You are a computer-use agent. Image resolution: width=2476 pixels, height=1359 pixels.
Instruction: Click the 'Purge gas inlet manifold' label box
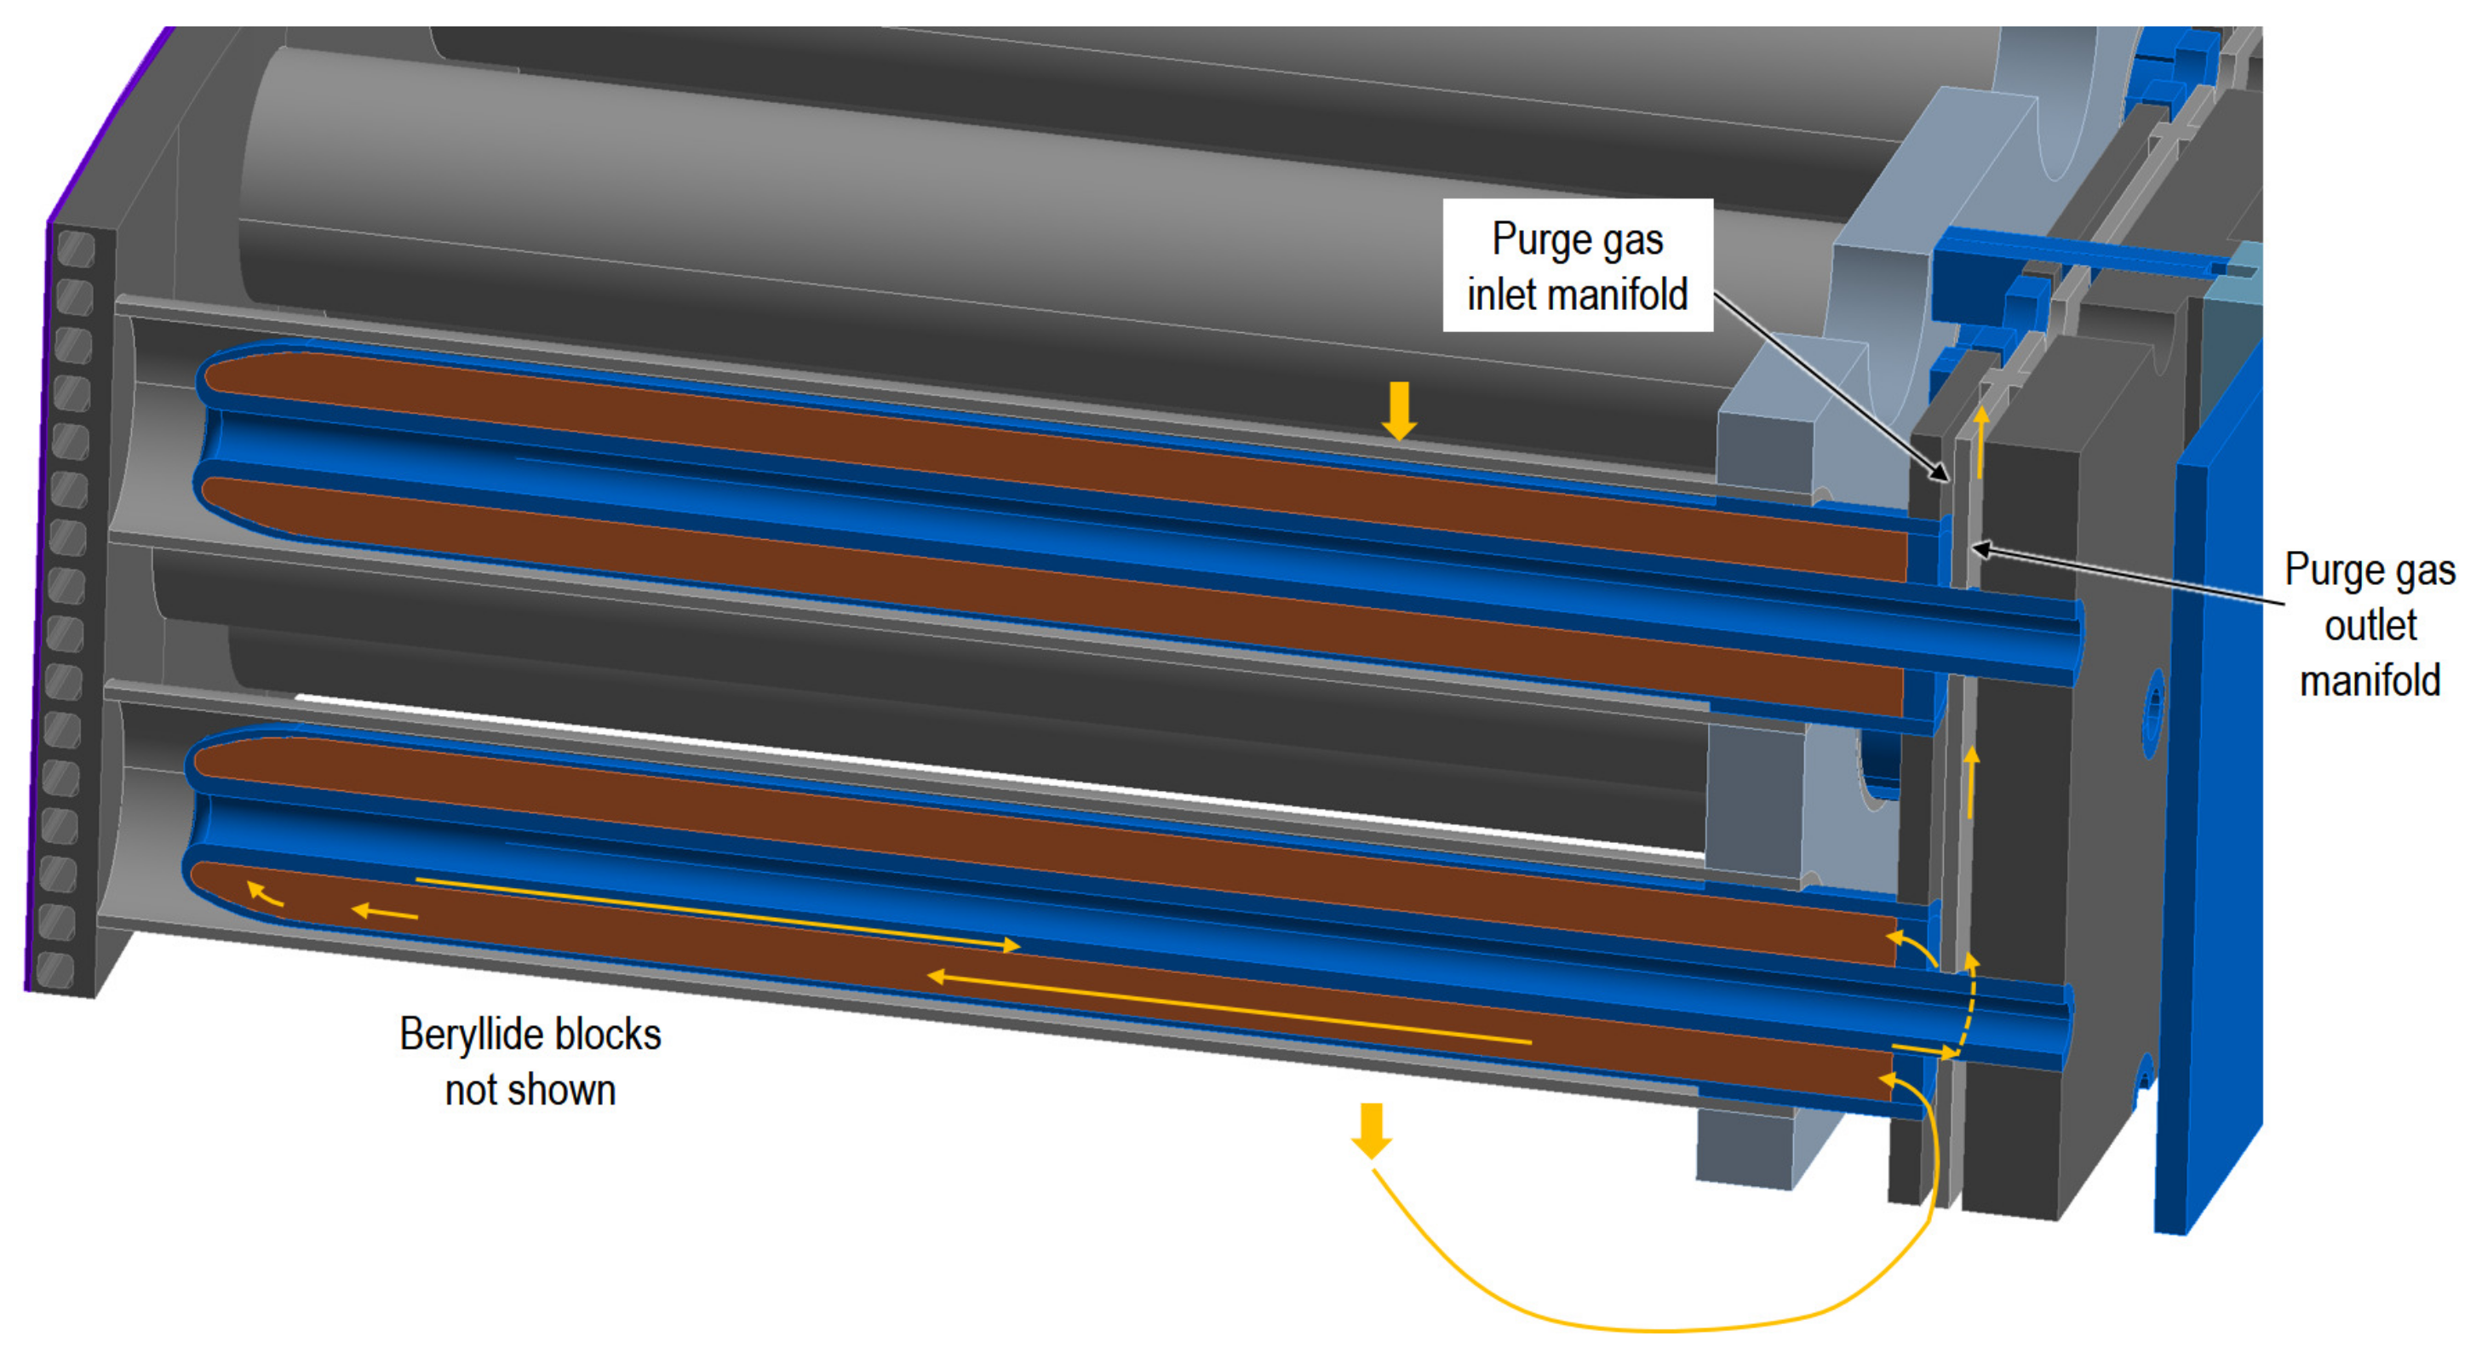(1577, 266)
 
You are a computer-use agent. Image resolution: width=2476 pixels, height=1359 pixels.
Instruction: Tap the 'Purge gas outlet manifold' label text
(2370, 625)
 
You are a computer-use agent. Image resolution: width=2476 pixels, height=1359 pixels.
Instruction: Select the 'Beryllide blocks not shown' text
(530, 1062)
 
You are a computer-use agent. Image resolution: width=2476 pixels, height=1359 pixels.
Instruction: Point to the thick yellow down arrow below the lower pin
(1371, 1130)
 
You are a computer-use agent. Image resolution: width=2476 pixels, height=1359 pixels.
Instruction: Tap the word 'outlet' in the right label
(2370, 626)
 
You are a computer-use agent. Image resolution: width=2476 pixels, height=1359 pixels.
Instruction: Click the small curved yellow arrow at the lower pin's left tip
(263, 894)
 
